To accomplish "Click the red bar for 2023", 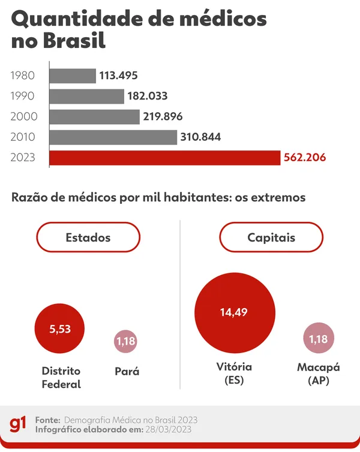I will tap(164, 158).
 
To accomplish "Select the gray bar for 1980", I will tap(72, 76).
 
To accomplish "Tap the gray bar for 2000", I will tap(94, 116).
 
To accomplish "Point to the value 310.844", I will tap(201, 137).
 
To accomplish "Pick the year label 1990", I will tap(23, 96).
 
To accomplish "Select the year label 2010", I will tap(23, 137).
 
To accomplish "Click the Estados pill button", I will tap(88, 237).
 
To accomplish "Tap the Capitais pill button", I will tap(271, 237).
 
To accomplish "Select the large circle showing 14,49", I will tap(233, 312).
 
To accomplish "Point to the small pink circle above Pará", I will tap(125, 342).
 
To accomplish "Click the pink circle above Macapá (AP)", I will tap(318, 339).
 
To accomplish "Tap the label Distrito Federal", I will tap(61, 378).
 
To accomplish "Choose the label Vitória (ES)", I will tap(233, 373).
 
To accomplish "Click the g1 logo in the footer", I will tap(17, 424).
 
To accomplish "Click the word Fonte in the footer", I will tap(47, 420).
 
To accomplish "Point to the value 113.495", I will tap(119, 76).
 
